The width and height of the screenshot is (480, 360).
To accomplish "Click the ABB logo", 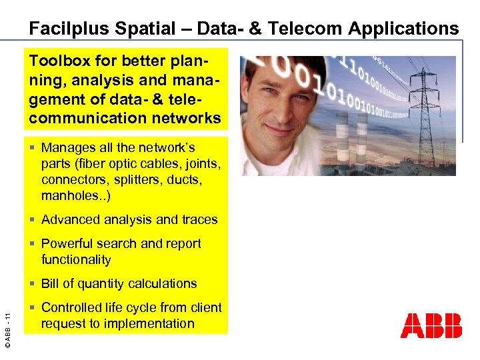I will [431, 325].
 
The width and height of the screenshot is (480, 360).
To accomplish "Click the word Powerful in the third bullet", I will [67, 243].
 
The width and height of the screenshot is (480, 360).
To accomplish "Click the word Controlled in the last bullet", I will [74, 307].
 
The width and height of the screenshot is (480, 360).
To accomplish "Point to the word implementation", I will [151, 323].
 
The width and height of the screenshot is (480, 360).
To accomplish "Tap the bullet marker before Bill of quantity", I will [33, 284].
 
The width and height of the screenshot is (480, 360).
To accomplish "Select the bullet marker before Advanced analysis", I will [33, 220].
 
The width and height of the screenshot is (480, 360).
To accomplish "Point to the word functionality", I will [76, 259].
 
